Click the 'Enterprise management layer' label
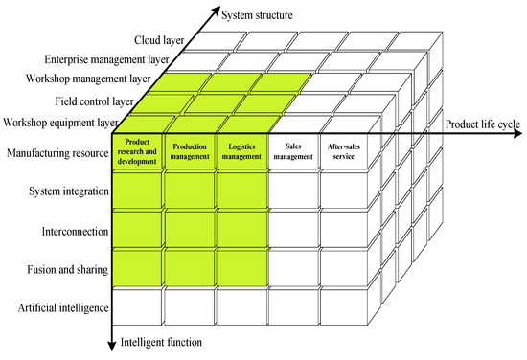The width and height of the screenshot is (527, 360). click(x=111, y=60)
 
